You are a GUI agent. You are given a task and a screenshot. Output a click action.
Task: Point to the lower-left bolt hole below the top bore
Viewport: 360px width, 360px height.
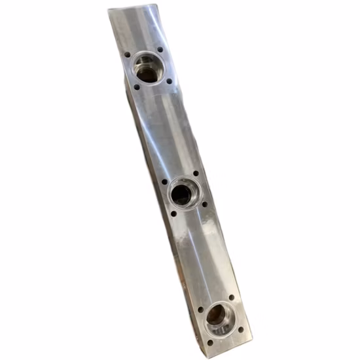[x=136, y=87]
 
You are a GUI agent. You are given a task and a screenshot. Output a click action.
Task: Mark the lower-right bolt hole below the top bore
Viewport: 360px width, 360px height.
[x=169, y=81]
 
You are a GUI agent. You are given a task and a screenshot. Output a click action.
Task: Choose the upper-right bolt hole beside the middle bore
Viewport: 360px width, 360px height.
[x=194, y=174]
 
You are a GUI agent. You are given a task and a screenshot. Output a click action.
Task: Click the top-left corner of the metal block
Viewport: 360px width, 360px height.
[x=109, y=10]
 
